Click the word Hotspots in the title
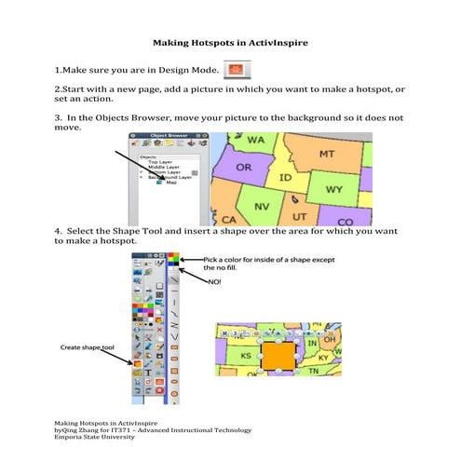221,43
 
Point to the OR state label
243,168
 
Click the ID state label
287,176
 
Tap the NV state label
263,206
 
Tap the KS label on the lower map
247,356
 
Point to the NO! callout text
215,277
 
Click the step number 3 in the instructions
58,119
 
